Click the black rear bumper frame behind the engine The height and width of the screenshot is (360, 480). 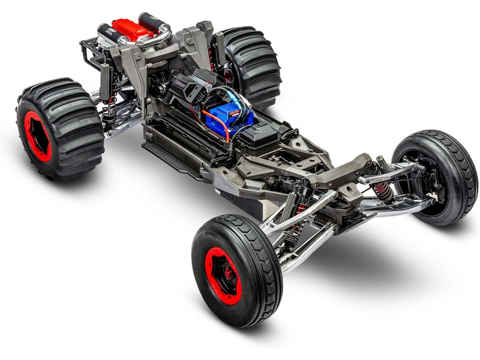pyautogui.click(x=90, y=51)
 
